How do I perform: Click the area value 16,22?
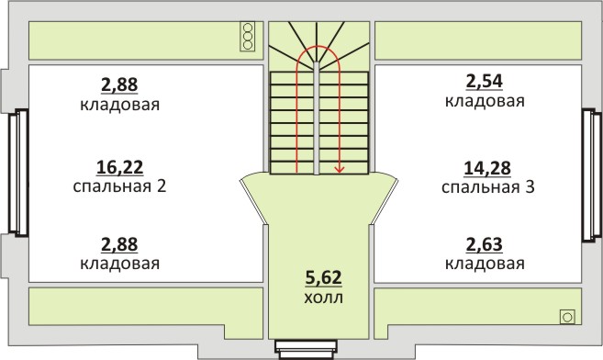(119, 167)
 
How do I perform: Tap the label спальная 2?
(119, 186)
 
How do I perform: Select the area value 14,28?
(487, 168)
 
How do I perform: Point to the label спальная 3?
(488, 187)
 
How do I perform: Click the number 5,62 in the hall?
(323, 277)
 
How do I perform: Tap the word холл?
(323, 298)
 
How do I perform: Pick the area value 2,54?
(485, 82)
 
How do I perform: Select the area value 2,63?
(485, 244)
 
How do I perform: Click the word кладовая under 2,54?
(485, 101)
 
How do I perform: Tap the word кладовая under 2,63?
(485, 264)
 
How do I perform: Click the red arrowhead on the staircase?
(340, 168)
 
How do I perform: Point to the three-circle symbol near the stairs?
(248, 37)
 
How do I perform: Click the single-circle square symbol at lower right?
(567, 318)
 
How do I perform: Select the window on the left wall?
(19, 173)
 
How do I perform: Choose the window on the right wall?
(591, 175)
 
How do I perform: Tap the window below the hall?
(307, 349)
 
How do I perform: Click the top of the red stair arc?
(318, 46)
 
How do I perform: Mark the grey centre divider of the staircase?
(317, 118)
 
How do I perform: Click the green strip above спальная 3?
(478, 40)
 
